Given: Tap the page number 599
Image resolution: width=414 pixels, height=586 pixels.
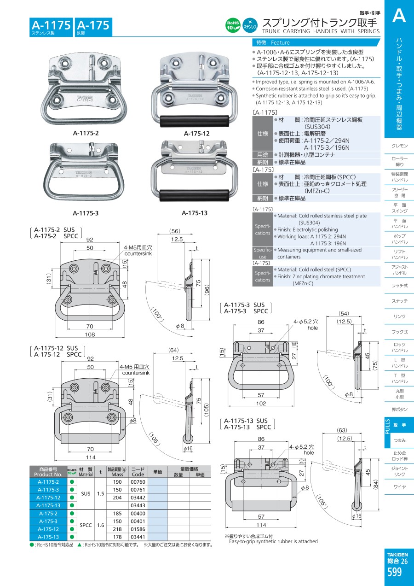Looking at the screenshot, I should point(395,573).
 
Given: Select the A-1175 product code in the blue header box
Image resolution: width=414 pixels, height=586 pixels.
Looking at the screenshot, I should point(51,25).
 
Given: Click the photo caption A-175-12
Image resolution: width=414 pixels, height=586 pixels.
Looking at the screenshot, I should point(196,134).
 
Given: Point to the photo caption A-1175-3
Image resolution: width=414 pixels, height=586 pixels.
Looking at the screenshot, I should point(86,213).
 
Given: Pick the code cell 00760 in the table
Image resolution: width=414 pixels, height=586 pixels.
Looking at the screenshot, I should point(138,482).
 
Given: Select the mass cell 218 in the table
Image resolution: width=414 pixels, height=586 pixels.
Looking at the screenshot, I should point(117,529).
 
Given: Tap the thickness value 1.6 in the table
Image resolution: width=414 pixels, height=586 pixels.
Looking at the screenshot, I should point(101,525).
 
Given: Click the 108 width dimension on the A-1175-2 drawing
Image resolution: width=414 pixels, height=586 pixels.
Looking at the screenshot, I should point(90,334).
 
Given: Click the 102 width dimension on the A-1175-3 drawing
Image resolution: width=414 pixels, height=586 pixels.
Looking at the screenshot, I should point(260,404).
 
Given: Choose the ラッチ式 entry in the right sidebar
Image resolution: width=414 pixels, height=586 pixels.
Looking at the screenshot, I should point(400,286).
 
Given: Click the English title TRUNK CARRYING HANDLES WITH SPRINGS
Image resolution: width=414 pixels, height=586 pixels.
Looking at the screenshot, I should point(321,31).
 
